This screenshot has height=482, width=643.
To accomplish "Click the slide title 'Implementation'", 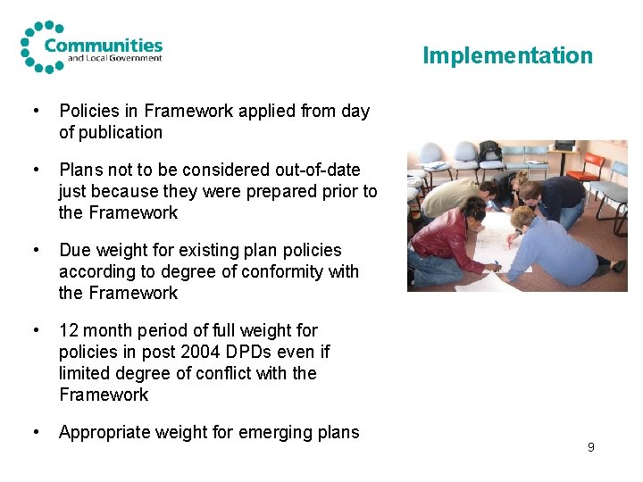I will pyautogui.click(x=507, y=55).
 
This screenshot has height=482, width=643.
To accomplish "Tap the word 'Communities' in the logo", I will pyautogui.click(x=104, y=45).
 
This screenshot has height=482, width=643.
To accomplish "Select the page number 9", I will pyautogui.click(x=590, y=446).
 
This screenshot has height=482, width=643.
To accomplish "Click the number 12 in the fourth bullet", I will pyautogui.click(x=69, y=330).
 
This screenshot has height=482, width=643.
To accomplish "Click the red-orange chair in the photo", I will pyautogui.click(x=585, y=165).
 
